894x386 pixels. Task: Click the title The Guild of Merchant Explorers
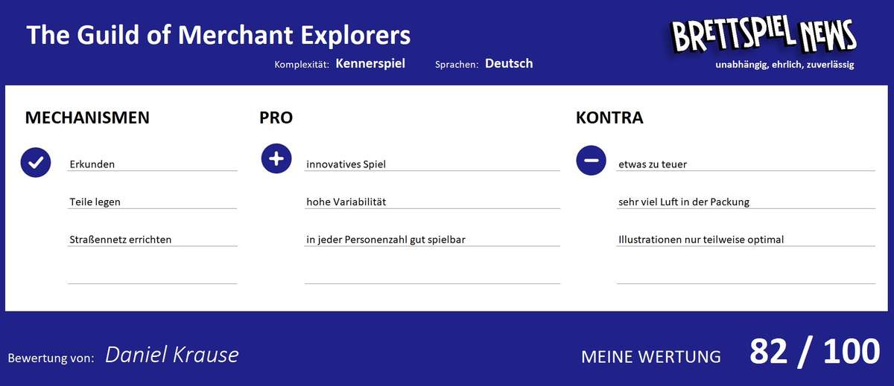pos(218,35)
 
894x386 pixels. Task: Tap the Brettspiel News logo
pos(763,35)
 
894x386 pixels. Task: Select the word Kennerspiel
pos(370,63)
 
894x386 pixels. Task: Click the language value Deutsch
pos(509,63)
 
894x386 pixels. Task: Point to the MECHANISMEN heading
pos(87,118)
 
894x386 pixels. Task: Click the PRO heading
pos(276,118)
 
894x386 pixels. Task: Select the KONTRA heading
pos(609,118)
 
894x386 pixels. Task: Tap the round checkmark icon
pos(36,162)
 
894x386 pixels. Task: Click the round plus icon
pos(276,159)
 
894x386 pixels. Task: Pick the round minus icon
pos(592,160)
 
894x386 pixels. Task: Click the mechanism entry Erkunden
pos(92,164)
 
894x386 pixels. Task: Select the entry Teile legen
pos(95,202)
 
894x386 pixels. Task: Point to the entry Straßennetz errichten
pos(121,239)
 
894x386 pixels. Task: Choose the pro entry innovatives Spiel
pos(346,164)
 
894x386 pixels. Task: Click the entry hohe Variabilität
pos(346,202)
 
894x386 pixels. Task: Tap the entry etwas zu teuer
pos(653,164)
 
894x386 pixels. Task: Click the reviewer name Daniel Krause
pos(172,355)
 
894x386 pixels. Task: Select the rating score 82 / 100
pos(814,352)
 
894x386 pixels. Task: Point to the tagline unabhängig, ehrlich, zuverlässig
pos(784,65)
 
